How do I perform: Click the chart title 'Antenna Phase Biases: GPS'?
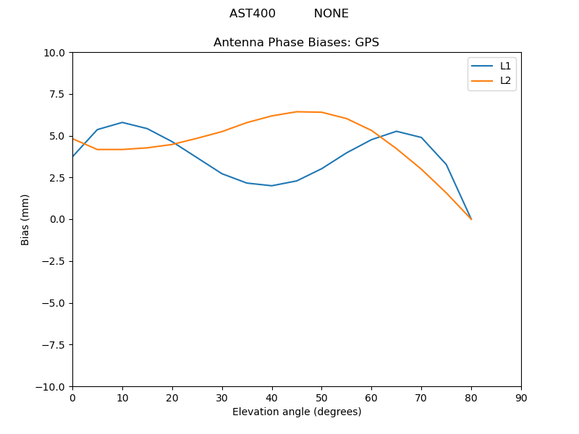coord(296,43)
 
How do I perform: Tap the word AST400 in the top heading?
coord(253,14)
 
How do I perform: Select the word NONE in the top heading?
coord(331,14)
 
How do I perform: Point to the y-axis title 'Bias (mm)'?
coord(25,219)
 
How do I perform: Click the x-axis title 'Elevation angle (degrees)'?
coord(297,412)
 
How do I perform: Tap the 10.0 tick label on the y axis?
coord(55,53)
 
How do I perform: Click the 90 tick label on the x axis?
coord(521,397)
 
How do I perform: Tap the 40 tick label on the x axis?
coord(271,397)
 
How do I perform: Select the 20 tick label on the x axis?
coord(172,397)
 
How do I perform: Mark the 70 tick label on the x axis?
coord(421,397)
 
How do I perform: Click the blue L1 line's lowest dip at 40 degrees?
coord(271,186)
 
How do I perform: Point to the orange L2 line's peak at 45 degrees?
coord(297,111)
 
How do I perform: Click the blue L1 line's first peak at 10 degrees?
coord(122,122)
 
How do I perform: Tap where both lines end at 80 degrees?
coord(471,219)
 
